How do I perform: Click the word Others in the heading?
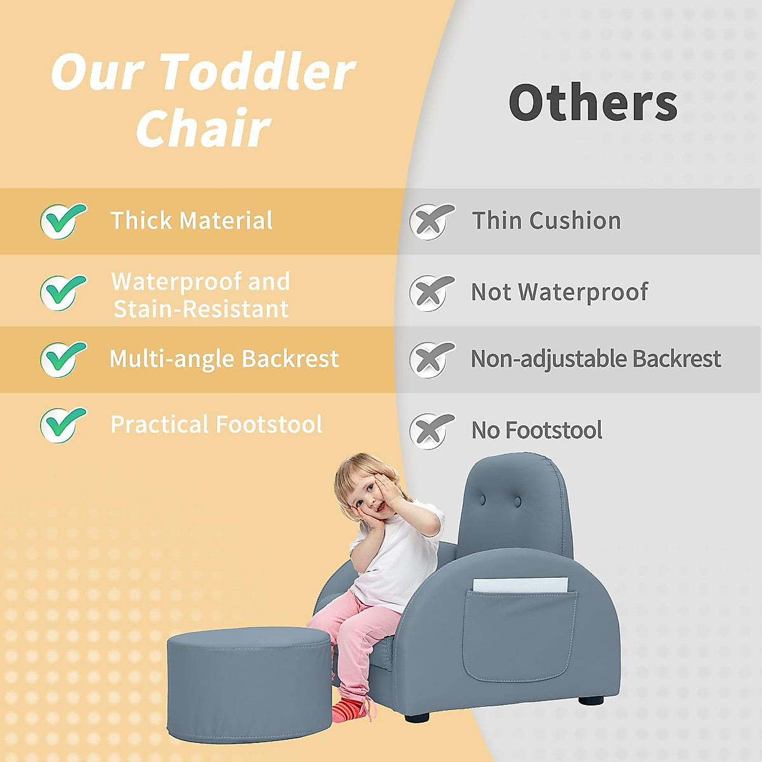pos(593,103)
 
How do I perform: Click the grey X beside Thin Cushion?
pos(432,222)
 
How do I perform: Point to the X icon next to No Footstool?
pos(432,431)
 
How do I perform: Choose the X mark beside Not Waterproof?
pos(432,293)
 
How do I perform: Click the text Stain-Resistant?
pos(201,309)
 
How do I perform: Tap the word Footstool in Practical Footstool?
pos(269,424)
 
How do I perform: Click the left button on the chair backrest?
pos(483,499)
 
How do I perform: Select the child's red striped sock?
pos(347,710)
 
